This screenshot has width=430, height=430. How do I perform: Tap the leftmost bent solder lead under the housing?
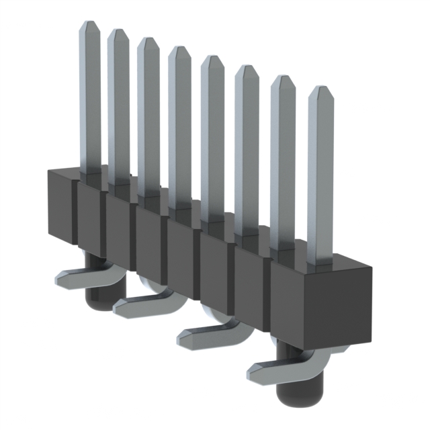[x=71, y=277]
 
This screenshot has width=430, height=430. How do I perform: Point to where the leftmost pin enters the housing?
[x=90, y=174]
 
